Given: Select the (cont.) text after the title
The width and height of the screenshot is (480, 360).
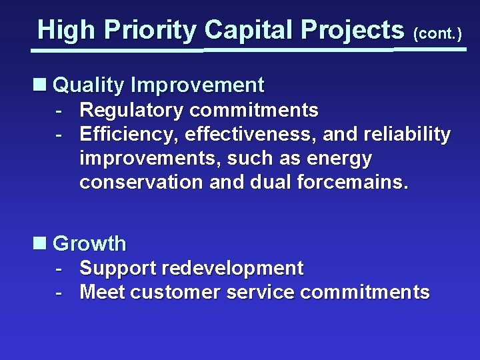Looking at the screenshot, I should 437,33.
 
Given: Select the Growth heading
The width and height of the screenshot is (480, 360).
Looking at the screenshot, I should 89,244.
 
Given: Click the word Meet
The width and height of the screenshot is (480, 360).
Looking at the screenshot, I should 103,293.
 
